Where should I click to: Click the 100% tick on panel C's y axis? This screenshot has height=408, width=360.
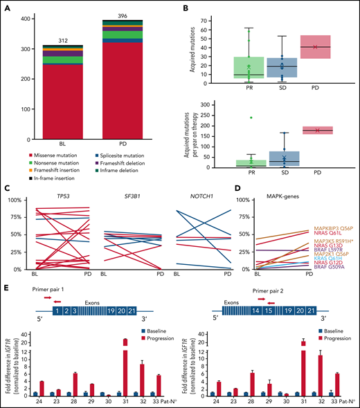15,200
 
